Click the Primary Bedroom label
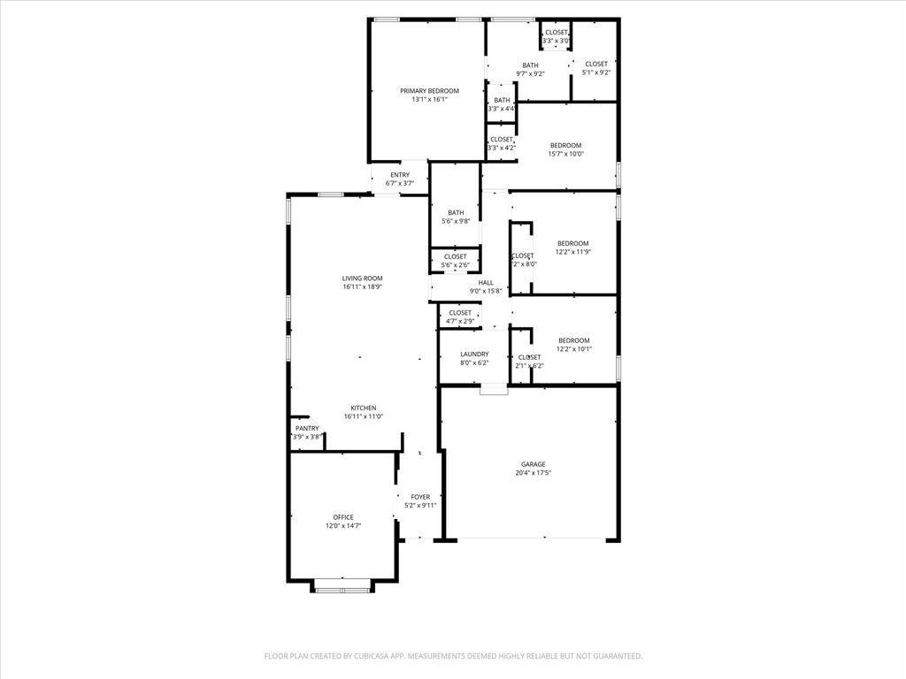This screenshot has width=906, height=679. coord(429,91)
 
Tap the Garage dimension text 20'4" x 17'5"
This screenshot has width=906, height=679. coord(533,473)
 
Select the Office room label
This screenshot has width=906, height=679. coord(343,517)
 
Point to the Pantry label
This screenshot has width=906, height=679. coord(307,428)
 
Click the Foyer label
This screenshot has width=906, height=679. coord(420,497)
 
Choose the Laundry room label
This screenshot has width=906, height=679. coord(474,354)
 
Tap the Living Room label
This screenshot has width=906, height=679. coord(362,278)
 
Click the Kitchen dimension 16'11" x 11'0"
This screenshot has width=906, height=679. coord(362,416)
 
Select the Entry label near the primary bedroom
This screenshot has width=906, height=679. coord(400,175)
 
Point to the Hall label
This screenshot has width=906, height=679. coord(486,282)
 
